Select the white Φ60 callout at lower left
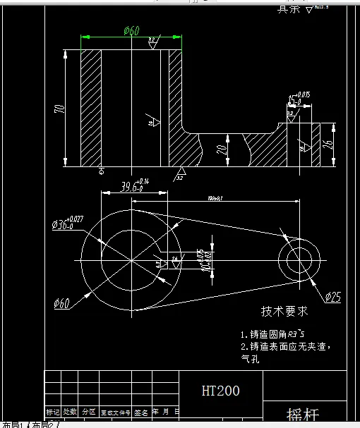(61, 303)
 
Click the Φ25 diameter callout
(332, 297)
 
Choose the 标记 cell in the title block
(53, 412)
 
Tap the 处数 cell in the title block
(71, 412)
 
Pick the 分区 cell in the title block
(89, 412)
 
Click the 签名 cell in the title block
(141, 412)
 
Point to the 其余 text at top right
(287, 9)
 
